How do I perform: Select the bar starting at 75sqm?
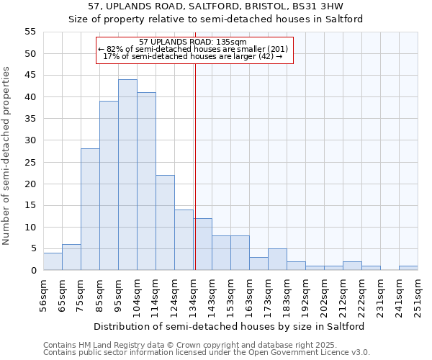[90, 210]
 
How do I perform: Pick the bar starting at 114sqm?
[165, 222]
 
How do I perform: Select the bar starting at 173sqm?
[277, 259]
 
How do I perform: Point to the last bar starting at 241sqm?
[408, 268]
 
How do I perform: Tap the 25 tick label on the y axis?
[30, 162]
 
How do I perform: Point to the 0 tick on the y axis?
[33, 271]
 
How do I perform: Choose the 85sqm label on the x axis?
[99, 294]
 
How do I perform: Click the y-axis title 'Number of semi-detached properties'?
[6, 156]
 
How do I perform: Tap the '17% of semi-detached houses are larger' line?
[192, 56]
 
